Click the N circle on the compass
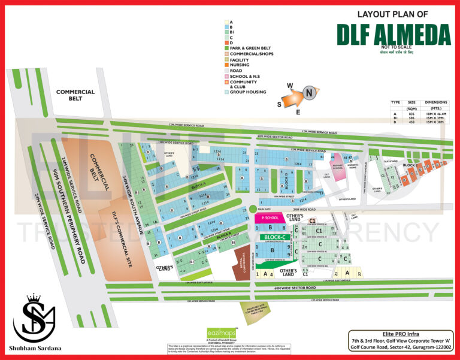pyautogui.click(x=309, y=93)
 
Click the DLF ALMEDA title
pyautogui.click(x=393, y=34)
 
